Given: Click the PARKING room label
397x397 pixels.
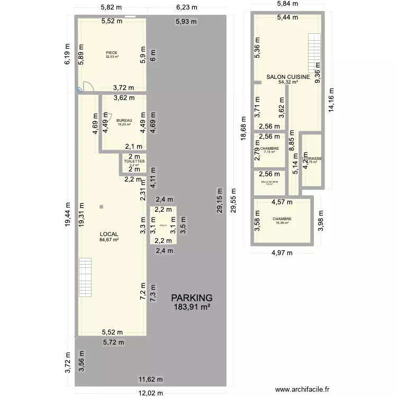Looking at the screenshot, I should pos(191,298).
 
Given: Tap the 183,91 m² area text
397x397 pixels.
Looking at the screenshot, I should pos(191,307).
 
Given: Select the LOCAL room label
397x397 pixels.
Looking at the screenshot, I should pos(109,234).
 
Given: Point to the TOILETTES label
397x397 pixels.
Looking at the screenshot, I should pos(134,161).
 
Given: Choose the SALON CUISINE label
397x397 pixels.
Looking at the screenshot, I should pos(288,77).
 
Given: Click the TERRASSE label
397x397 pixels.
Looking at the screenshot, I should pos(312,158).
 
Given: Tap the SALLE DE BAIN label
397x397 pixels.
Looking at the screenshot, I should pos(269,181).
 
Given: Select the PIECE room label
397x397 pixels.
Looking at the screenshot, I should pos(111,52).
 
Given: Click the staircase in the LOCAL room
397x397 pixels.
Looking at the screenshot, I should pos(85,277).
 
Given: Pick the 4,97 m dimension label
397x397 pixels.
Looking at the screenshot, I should pos(282,252).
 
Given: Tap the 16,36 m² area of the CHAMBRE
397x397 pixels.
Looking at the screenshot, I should pos(282,223).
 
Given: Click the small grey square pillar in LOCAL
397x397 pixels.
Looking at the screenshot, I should pos(101,207).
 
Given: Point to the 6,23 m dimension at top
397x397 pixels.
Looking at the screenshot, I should pos(186,7).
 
